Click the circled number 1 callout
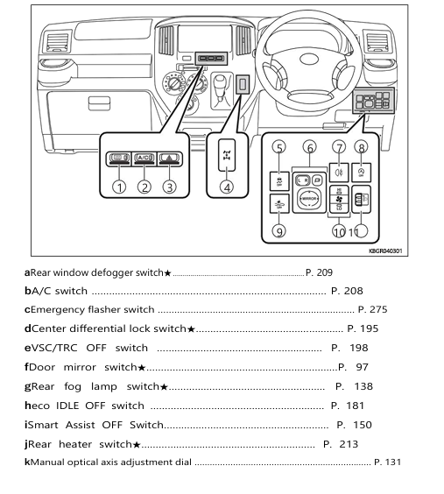117,186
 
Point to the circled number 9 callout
278,231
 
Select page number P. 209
318,272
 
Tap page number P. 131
387,462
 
